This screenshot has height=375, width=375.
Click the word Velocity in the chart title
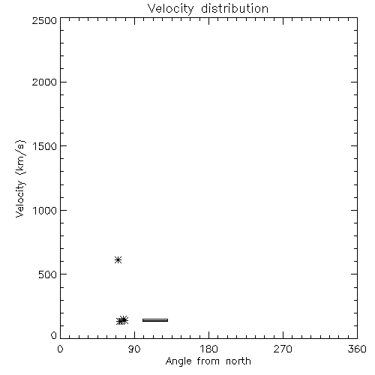(170, 9)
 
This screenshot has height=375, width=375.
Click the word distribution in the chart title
(235, 8)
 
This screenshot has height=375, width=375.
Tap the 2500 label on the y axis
(44, 20)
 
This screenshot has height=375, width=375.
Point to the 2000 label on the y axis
(44, 82)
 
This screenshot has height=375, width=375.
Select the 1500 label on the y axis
(45, 146)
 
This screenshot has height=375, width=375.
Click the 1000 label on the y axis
(45, 211)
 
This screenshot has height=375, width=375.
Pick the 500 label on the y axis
(47, 274)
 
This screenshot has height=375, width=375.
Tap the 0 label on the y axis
(54, 335)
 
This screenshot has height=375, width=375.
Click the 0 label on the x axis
(60, 349)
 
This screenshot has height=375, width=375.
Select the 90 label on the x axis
(134, 349)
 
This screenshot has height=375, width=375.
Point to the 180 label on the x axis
(208, 349)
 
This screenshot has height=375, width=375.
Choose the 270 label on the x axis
(283, 349)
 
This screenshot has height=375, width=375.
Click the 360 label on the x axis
(357, 349)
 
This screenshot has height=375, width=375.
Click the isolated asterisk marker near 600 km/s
(118, 260)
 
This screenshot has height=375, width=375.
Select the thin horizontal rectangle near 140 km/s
(155, 320)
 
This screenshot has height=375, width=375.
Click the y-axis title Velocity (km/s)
(20, 178)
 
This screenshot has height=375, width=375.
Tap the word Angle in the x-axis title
(178, 362)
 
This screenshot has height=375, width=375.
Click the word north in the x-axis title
(238, 361)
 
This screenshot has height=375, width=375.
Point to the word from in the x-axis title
(208, 361)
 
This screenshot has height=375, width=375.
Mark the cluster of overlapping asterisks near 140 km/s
(122, 320)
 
